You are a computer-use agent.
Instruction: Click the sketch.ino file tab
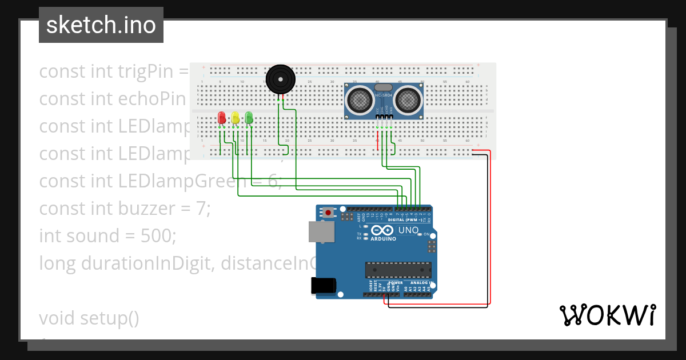coord(101,25)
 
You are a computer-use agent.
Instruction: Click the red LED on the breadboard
coord(222,118)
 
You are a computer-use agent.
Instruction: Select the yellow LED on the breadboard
coord(236,118)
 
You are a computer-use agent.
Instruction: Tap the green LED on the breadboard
coord(249,118)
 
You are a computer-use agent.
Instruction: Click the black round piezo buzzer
coord(281,79)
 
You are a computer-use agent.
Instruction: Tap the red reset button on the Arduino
coord(329,213)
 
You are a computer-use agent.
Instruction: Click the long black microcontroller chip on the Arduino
coord(398,270)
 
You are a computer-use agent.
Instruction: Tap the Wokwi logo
coord(607,315)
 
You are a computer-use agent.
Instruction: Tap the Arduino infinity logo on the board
coord(382,230)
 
